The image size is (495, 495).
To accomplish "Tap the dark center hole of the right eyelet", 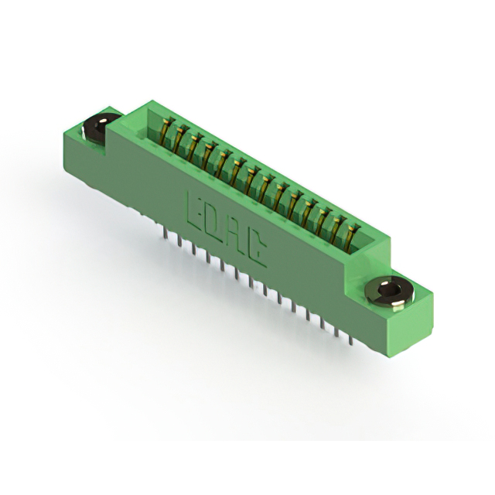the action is tap(388, 289).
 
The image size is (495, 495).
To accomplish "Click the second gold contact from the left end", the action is tap(180, 138).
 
